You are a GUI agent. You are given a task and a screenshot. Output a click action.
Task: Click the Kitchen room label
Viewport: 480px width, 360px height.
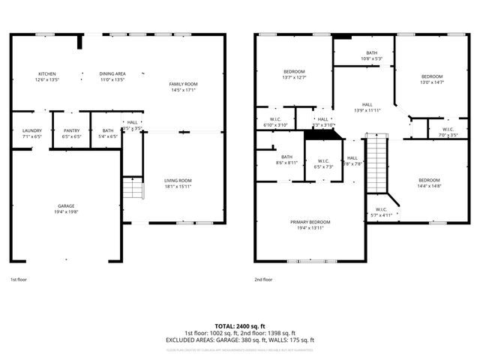[47, 73]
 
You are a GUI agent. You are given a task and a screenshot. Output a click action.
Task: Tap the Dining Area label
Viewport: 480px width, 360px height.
[112, 73]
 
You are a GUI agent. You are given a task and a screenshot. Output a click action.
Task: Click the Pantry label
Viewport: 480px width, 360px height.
[71, 130]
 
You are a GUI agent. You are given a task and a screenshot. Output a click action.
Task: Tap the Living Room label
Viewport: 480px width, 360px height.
[178, 180]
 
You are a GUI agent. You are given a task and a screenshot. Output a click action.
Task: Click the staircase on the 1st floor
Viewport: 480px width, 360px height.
[132, 188]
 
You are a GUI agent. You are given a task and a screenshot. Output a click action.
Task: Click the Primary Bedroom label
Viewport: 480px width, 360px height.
[310, 222]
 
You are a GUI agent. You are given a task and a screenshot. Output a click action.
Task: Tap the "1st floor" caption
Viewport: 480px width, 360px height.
[19, 279]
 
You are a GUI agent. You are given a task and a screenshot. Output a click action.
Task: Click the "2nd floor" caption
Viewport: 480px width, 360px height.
[263, 279]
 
